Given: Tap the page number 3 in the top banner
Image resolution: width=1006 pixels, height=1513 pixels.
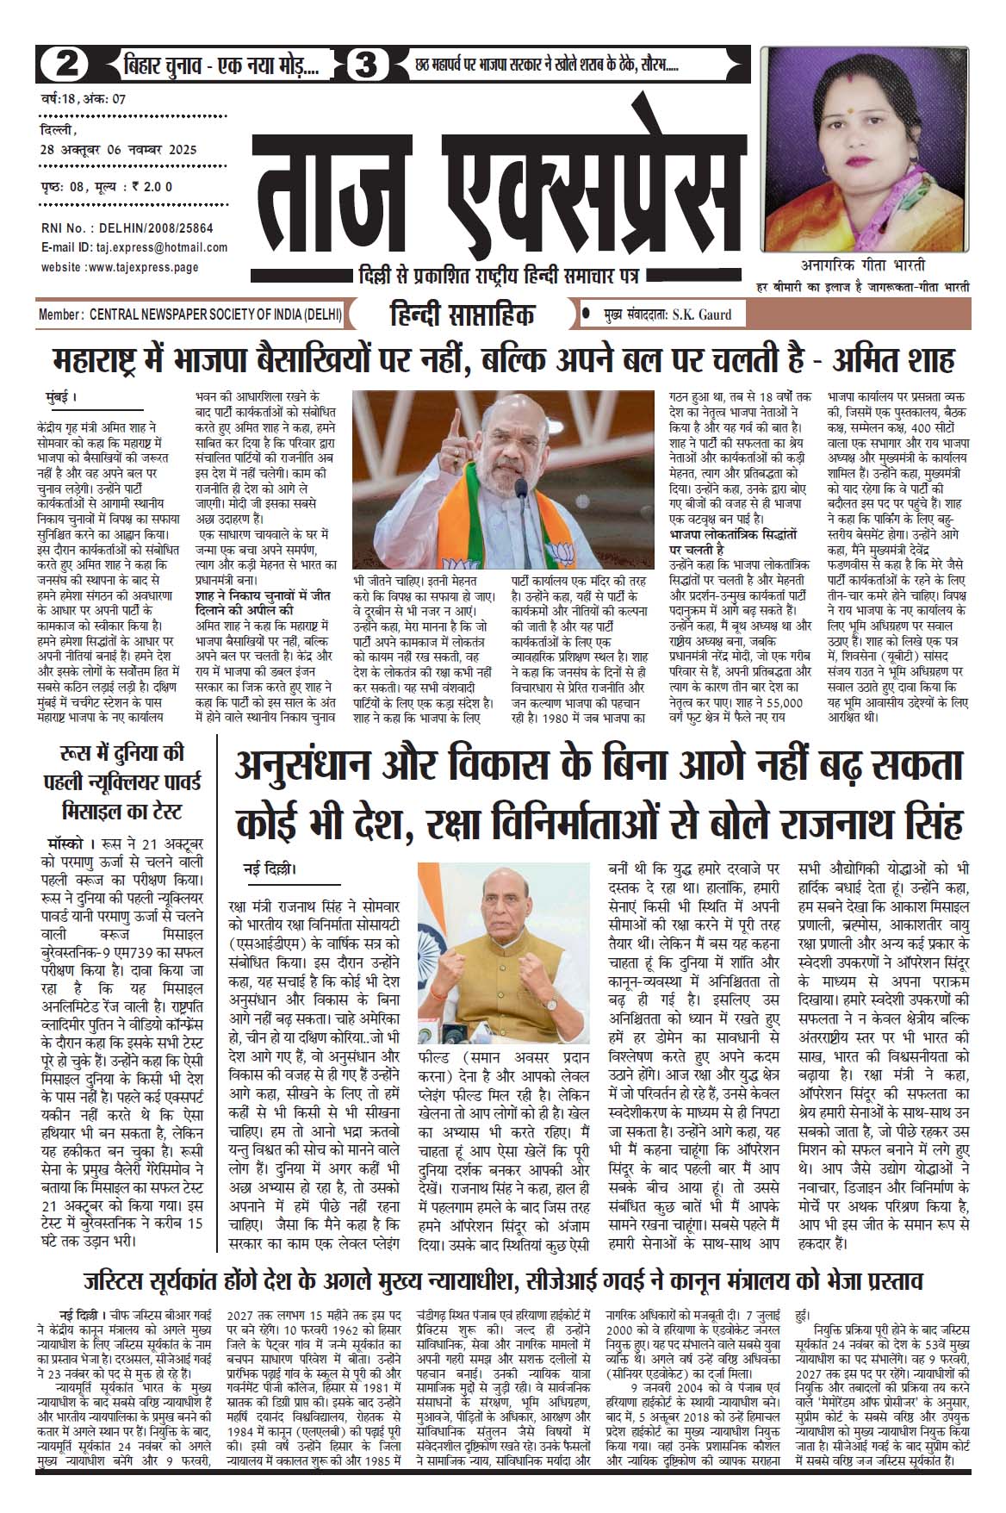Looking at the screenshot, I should tap(368, 65).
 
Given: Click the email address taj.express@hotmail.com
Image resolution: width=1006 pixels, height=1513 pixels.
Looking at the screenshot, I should tap(165, 247).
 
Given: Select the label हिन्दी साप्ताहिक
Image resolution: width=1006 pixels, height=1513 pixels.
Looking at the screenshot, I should tap(461, 315).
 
